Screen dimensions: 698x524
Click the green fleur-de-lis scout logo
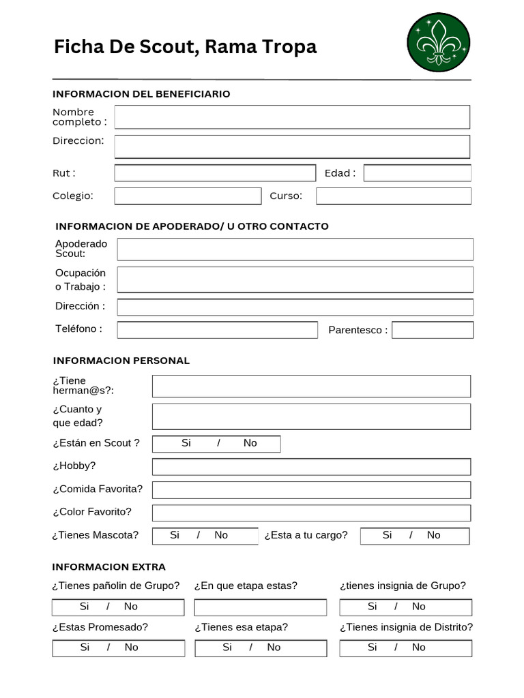coord(438,42)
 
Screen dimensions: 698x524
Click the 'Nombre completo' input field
coord(292,117)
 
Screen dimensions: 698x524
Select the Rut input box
coord(215,173)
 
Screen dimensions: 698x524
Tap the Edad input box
coord(417,173)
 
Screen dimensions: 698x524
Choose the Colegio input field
coord(188,196)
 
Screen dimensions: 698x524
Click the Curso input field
coord(393,196)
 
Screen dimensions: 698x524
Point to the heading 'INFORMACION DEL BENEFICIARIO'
coord(141,94)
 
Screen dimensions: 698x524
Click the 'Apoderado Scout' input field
coord(295,249)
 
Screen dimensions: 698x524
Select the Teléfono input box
coord(217,330)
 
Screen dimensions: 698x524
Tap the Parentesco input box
coord(433,330)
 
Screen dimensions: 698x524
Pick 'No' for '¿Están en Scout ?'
coord(250,443)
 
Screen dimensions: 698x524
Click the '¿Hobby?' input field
coord(311,467)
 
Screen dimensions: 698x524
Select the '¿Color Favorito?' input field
coord(311,513)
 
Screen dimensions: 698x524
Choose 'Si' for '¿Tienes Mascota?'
coord(175,535)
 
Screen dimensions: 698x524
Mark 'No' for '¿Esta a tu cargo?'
coord(433,535)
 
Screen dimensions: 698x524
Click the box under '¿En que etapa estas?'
coord(260,607)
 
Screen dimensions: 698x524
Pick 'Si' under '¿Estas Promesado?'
coord(85,648)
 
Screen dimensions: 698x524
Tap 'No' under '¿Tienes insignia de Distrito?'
coord(418,648)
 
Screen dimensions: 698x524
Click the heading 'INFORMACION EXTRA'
coord(109,567)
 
